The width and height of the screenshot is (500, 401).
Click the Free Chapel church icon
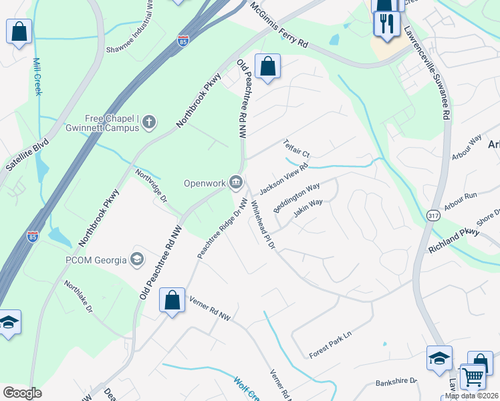[148, 122]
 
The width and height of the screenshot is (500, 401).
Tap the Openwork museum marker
[236, 182]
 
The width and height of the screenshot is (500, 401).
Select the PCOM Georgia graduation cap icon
[137, 259]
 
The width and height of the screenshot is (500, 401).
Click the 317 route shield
[432, 215]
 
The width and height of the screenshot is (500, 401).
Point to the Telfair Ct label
[297, 149]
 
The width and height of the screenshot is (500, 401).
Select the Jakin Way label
[307, 209]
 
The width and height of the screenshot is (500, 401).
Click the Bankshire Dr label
[396, 381]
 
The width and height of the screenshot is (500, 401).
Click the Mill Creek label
[37, 76]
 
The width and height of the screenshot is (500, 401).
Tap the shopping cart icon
[473, 376]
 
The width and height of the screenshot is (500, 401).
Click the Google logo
[22, 393]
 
